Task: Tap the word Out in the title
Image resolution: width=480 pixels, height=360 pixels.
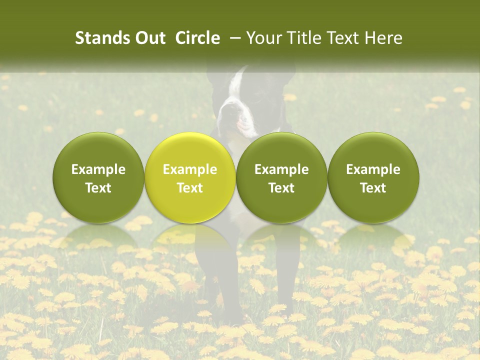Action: point(148,38)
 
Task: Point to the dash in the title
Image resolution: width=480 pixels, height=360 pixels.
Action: point(233,38)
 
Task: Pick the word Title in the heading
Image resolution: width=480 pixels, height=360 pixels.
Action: point(302,38)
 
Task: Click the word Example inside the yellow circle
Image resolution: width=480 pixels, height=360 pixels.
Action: point(190,169)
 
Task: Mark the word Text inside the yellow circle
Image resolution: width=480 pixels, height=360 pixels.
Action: point(190,188)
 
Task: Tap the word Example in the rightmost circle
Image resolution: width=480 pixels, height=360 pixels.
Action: point(373,169)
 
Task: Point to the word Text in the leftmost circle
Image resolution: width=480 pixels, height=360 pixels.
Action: point(98,188)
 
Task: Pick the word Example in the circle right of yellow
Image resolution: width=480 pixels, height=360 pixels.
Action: point(281,169)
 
